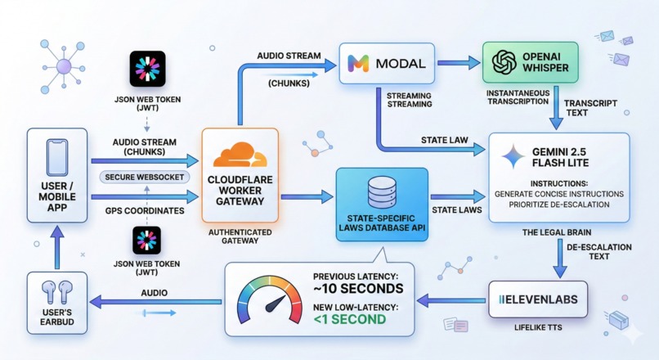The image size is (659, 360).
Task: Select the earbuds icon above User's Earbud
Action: pyautogui.click(x=55, y=291)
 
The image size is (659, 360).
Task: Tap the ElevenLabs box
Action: pyautogui.click(x=538, y=300)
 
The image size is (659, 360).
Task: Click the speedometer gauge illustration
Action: pyautogui.click(x=267, y=302)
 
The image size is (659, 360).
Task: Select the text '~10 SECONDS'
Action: pyautogui.click(x=357, y=289)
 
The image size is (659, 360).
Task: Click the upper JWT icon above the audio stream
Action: pyautogui.click(x=147, y=69)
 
